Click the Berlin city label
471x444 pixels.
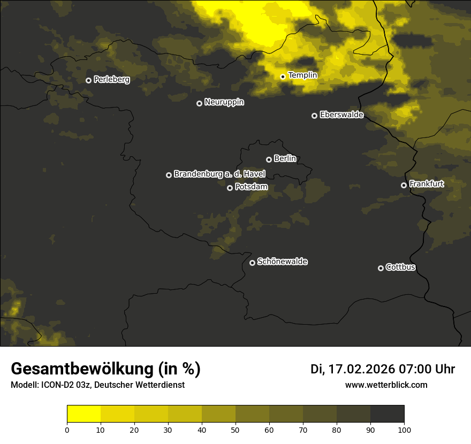285,158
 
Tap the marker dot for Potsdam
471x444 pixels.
230,188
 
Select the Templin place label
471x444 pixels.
302,75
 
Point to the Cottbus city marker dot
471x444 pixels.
381,268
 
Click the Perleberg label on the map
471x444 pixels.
111,80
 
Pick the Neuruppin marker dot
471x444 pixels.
199,103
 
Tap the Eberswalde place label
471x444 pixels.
341,114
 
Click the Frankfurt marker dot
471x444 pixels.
404,185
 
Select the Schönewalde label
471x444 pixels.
282,262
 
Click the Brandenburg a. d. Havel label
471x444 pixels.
219,174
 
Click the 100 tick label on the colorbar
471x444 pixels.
404,429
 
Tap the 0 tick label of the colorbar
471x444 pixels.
67,429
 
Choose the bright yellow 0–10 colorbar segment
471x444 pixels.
84,414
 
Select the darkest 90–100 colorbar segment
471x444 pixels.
387,414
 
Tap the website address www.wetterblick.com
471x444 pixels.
386,385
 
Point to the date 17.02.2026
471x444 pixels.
362,369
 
